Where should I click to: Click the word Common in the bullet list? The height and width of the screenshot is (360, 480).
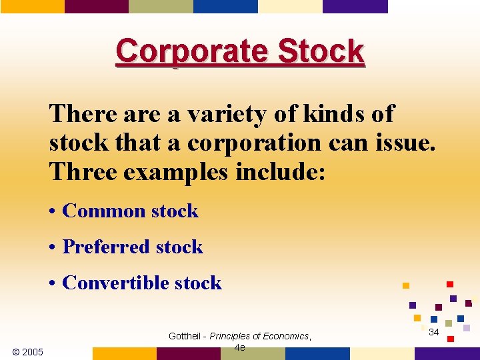104,211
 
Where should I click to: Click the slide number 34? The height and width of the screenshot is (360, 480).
433,332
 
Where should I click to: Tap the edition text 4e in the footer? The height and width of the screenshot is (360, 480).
239,347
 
